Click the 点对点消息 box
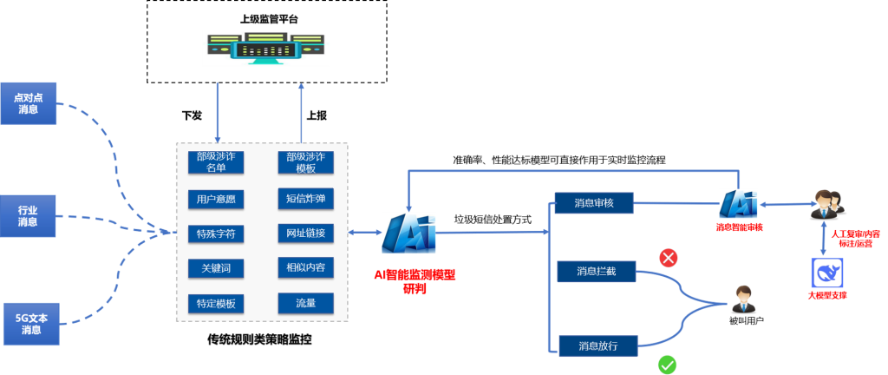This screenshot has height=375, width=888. (28, 103)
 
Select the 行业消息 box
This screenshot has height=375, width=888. (28, 215)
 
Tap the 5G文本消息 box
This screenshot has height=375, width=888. (31, 324)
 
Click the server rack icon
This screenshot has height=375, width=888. (266, 49)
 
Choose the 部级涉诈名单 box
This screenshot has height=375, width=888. (217, 162)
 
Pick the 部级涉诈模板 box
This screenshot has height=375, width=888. (305, 162)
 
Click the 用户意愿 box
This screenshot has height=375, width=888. (217, 199)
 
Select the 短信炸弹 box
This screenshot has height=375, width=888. (305, 199)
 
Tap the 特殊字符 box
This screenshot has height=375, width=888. (217, 234)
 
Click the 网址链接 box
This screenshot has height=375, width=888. (305, 234)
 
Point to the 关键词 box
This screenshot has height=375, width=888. (217, 268)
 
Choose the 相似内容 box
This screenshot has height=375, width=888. (305, 268)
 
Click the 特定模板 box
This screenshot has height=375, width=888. (217, 304)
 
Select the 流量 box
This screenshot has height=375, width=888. (305, 304)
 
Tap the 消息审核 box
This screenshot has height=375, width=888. (594, 203)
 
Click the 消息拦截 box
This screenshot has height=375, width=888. (596, 272)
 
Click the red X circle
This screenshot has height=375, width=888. (669, 258)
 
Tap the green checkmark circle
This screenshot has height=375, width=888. (667, 364)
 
